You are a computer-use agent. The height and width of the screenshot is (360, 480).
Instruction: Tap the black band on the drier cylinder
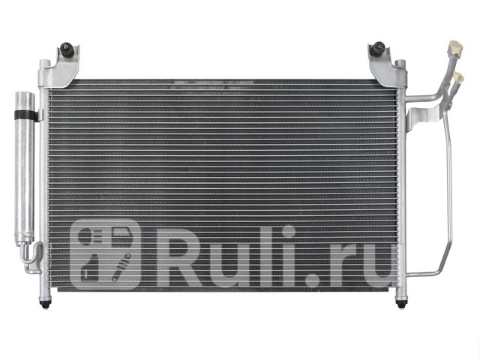(25, 115)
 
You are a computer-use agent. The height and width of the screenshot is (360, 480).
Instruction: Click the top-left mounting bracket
(58, 67)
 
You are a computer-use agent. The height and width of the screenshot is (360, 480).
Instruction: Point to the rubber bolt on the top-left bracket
(67, 49)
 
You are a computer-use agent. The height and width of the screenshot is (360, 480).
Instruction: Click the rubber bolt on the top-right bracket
(378, 48)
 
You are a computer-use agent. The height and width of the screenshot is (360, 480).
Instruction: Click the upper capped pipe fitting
(455, 48)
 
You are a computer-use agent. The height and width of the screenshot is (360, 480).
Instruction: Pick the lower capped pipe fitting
(458, 78)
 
